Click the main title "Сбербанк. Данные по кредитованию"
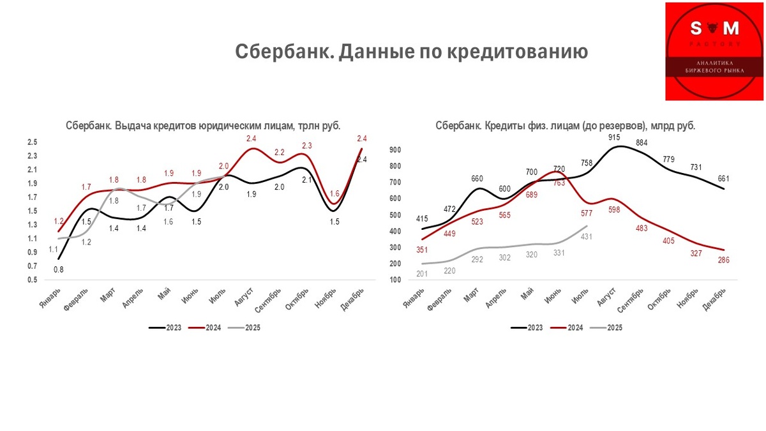pyautogui.click(x=411, y=51)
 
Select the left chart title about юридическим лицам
pyautogui.click(x=203, y=126)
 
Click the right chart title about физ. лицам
pyautogui.click(x=565, y=126)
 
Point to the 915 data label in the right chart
pyautogui.click(x=613, y=137)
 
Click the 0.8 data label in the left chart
pyautogui.click(x=58, y=269)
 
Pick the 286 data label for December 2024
pyautogui.click(x=723, y=260)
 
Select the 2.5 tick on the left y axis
pyautogui.click(x=32, y=142)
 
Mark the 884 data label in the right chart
pyautogui.click(x=642, y=142)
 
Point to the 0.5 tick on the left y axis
pyautogui.click(x=32, y=280)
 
